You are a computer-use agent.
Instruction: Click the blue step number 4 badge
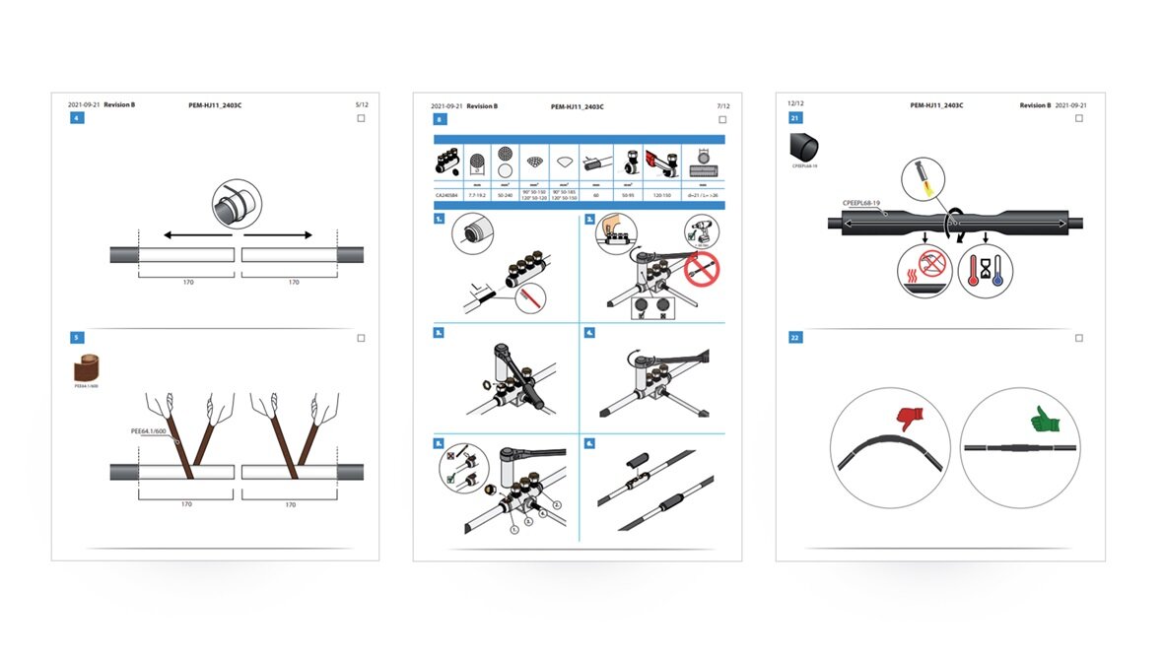(76, 118)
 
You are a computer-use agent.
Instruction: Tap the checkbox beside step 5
(361, 338)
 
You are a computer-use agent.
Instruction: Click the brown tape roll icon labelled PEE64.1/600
(87, 368)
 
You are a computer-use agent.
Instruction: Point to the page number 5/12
(361, 104)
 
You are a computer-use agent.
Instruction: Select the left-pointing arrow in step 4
(196, 235)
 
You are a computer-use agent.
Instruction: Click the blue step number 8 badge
(439, 119)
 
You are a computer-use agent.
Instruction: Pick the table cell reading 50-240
(507, 196)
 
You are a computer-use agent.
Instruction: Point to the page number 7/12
(723, 105)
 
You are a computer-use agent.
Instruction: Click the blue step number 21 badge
(794, 118)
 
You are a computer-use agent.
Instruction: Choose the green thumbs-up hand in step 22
(1043, 422)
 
